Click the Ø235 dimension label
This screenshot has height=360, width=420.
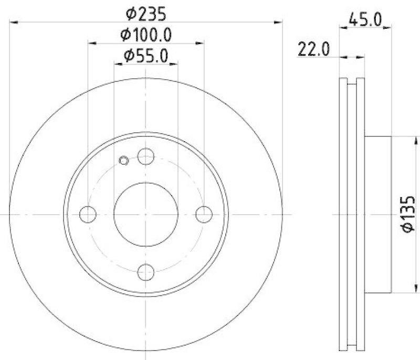[x=146, y=11]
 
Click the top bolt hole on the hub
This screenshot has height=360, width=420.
[x=145, y=156]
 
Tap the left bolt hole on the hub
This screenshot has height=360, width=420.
[x=88, y=214]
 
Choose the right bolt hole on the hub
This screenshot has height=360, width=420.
[x=204, y=214]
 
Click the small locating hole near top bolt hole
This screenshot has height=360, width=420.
[x=124, y=161]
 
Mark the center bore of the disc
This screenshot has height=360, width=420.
[x=145, y=214]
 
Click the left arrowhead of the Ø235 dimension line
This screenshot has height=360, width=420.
[x=13, y=22]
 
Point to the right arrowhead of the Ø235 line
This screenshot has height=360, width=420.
[x=279, y=22]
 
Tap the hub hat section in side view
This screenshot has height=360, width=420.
[x=378, y=214]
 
